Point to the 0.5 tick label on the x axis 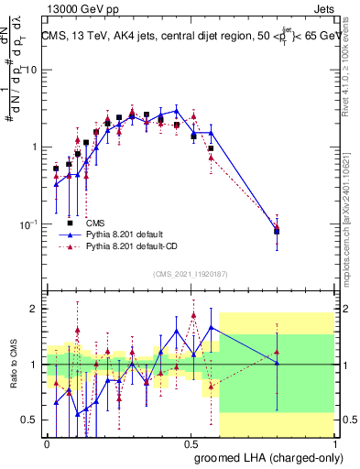(x=191, y=442)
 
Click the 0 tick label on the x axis (x=47, y=442)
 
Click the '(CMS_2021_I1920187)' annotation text (x=190, y=273)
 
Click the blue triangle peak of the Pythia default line (x=177, y=110)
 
